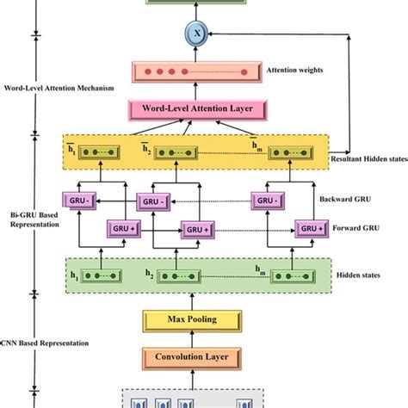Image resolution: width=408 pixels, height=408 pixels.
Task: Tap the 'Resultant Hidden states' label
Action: coord(368,159)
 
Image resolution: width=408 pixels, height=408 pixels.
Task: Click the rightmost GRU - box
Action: coord(270,201)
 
